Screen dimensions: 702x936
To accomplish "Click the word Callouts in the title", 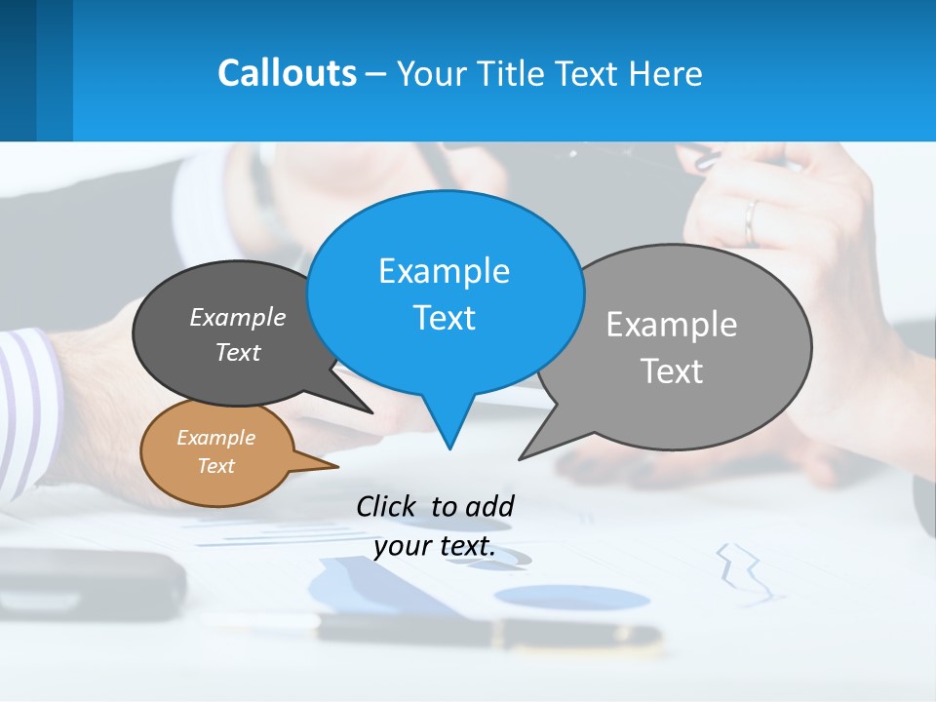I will coord(287,73).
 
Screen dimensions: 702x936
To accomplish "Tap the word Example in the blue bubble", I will coord(444,271).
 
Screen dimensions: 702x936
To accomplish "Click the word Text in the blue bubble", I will coord(444,318).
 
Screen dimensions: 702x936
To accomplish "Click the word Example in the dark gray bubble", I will coord(238,317).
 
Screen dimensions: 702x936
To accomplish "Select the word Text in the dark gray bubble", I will coord(238,352).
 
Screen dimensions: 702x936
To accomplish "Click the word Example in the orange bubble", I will coord(215,438).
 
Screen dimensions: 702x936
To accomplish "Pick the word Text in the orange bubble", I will coord(215,466).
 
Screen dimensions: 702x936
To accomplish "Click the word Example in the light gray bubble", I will coord(672,325).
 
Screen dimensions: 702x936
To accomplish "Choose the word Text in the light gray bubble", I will coord(672,371).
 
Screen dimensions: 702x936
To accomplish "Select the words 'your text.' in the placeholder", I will coord(434,546).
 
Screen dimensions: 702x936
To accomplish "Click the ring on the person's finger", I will coord(750,221).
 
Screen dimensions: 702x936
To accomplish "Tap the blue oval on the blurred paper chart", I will coord(570,597).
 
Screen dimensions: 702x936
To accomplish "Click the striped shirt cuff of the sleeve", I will coord(29,409).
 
